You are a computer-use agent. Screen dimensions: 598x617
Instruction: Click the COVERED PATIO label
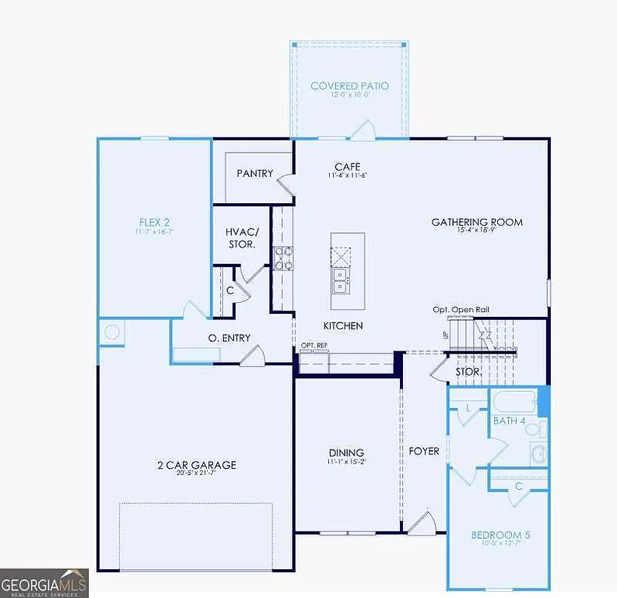click(x=349, y=86)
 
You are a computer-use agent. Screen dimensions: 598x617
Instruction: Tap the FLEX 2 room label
click(x=155, y=222)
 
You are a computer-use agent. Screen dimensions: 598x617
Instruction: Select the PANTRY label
click(x=254, y=173)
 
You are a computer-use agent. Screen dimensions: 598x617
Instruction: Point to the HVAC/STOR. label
click(x=241, y=238)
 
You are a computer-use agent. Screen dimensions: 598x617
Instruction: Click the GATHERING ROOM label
click(x=477, y=222)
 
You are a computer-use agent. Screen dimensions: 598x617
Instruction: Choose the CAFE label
click(x=346, y=167)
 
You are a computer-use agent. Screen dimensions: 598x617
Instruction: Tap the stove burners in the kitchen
click(x=283, y=258)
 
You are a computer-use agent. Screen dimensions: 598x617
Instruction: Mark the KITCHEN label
click(x=343, y=325)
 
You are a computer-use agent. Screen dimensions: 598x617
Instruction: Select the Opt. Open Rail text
click(x=461, y=310)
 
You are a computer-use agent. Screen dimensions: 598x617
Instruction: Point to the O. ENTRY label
click(x=229, y=337)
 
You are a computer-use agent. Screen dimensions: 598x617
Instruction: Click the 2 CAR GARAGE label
click(x=196, y=465)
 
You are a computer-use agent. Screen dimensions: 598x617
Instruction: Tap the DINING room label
click(x=345, y=452)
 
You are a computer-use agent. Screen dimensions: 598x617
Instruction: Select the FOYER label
click(x=424, y=451)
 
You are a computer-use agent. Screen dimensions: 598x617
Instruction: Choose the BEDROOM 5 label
click(x=500, y=535)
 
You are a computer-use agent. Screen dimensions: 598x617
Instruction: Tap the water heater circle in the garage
click(x=111, y=332)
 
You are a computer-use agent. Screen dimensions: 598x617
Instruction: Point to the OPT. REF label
click(x=314, y=345)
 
